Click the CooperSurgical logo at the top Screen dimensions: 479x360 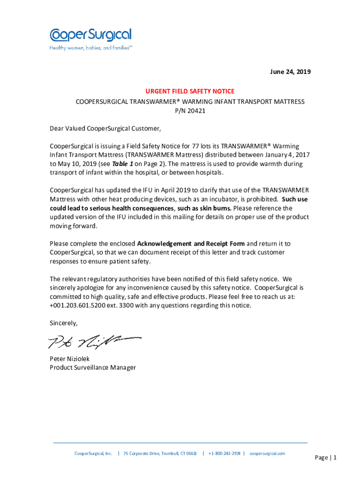click(91, 35)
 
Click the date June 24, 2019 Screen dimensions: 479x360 click(290, 72)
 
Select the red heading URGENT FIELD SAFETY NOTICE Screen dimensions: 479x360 click(189, 91)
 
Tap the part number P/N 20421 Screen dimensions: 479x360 click(190, 111)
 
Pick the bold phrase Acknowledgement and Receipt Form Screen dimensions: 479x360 click(191, 244)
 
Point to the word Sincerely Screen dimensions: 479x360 click(64, 323)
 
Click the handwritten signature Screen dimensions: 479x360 click(94, 342)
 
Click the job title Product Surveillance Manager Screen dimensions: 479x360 click(93, 368)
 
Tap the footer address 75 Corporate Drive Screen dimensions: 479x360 click(160, 454)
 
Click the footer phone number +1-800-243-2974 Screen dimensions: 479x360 click(224, 454)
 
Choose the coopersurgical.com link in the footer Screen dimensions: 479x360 click(267, 454)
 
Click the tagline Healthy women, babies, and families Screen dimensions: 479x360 click(90, 48)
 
